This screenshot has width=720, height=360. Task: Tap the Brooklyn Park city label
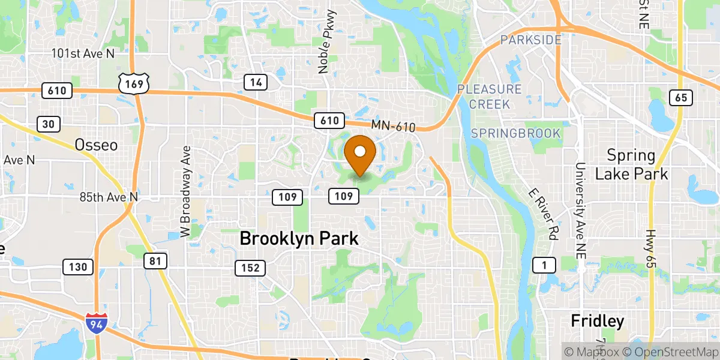(299, 238)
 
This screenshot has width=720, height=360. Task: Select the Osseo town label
(96, 145)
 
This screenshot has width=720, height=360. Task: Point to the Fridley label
(597, 320)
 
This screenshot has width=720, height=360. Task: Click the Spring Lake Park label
(631, 165)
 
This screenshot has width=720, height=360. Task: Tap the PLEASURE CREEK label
(489, 97)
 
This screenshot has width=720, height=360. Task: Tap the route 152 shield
(250, 268)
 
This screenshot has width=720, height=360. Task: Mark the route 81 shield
(155, 260)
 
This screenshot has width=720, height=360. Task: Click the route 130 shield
(77, 266)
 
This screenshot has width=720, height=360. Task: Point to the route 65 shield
(681, 98)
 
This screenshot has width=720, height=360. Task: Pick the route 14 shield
(256, 83)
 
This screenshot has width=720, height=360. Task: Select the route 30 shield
(48, 124)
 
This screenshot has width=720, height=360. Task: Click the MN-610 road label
(393, 125)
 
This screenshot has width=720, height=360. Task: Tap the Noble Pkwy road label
(325, 53)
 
